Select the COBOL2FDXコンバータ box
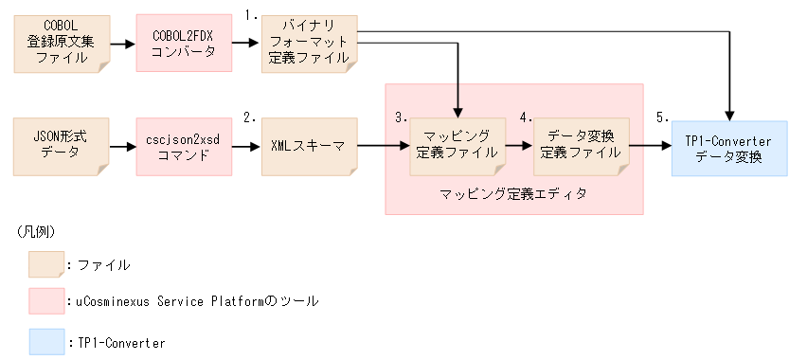pos(183,44)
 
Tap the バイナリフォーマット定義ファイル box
pos(309,44)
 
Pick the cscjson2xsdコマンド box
pos(183,146)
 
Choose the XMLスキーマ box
pos(309,146)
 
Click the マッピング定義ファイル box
pos(457,146)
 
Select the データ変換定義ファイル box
pos(582,146)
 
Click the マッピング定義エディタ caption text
pos(513,194)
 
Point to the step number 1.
pos(251,16)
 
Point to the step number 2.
pos(251,118)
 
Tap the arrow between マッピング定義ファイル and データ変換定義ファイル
pos(519,147)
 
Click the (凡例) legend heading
pos(35,232)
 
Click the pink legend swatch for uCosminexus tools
pos(46,301)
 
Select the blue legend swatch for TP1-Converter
pos(46,340)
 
